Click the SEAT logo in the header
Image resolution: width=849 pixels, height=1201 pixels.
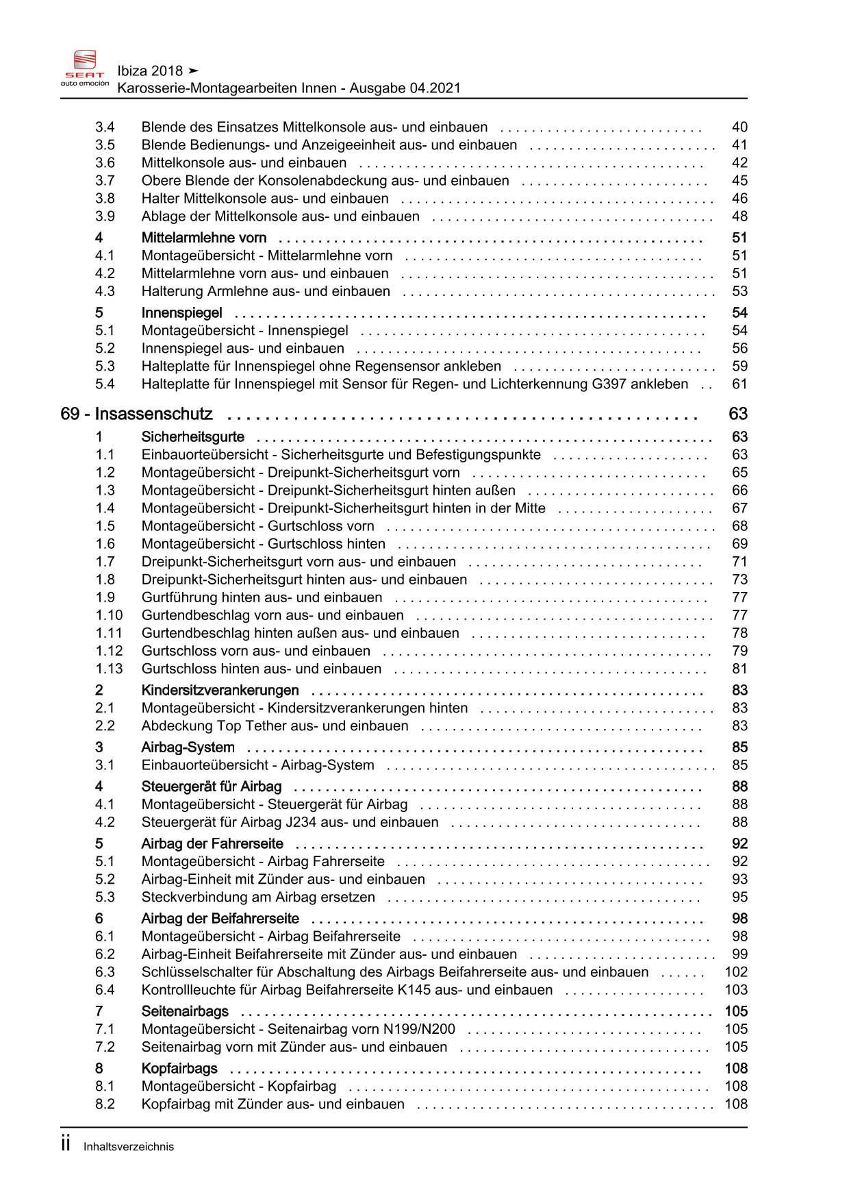(x=85, y=66)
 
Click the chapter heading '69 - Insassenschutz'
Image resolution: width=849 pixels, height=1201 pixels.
(x=136, y=414)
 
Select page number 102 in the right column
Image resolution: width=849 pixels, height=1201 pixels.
(x=736, y=972)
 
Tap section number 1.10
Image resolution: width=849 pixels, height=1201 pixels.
(x=109, y=615)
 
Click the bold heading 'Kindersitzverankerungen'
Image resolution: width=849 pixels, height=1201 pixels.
(x=220, y=691)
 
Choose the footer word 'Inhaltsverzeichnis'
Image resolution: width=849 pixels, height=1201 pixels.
(x=129, y=1147)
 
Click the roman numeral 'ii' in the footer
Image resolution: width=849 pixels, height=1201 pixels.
(x=66, y=1144)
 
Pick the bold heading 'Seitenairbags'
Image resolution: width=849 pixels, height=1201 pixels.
(x=185, y=1011)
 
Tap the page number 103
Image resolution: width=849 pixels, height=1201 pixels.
(x=736, y=990)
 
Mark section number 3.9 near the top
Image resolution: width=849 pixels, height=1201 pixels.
(x=105, y=216)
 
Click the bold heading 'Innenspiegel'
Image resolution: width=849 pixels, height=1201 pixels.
(x=181, y=313)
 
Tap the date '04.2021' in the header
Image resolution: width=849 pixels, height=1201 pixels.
(x=435, y=88)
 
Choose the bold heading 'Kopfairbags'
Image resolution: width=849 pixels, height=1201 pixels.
(x=179, y=1069)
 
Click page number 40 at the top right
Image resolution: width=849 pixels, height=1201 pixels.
(x=739, y=127)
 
